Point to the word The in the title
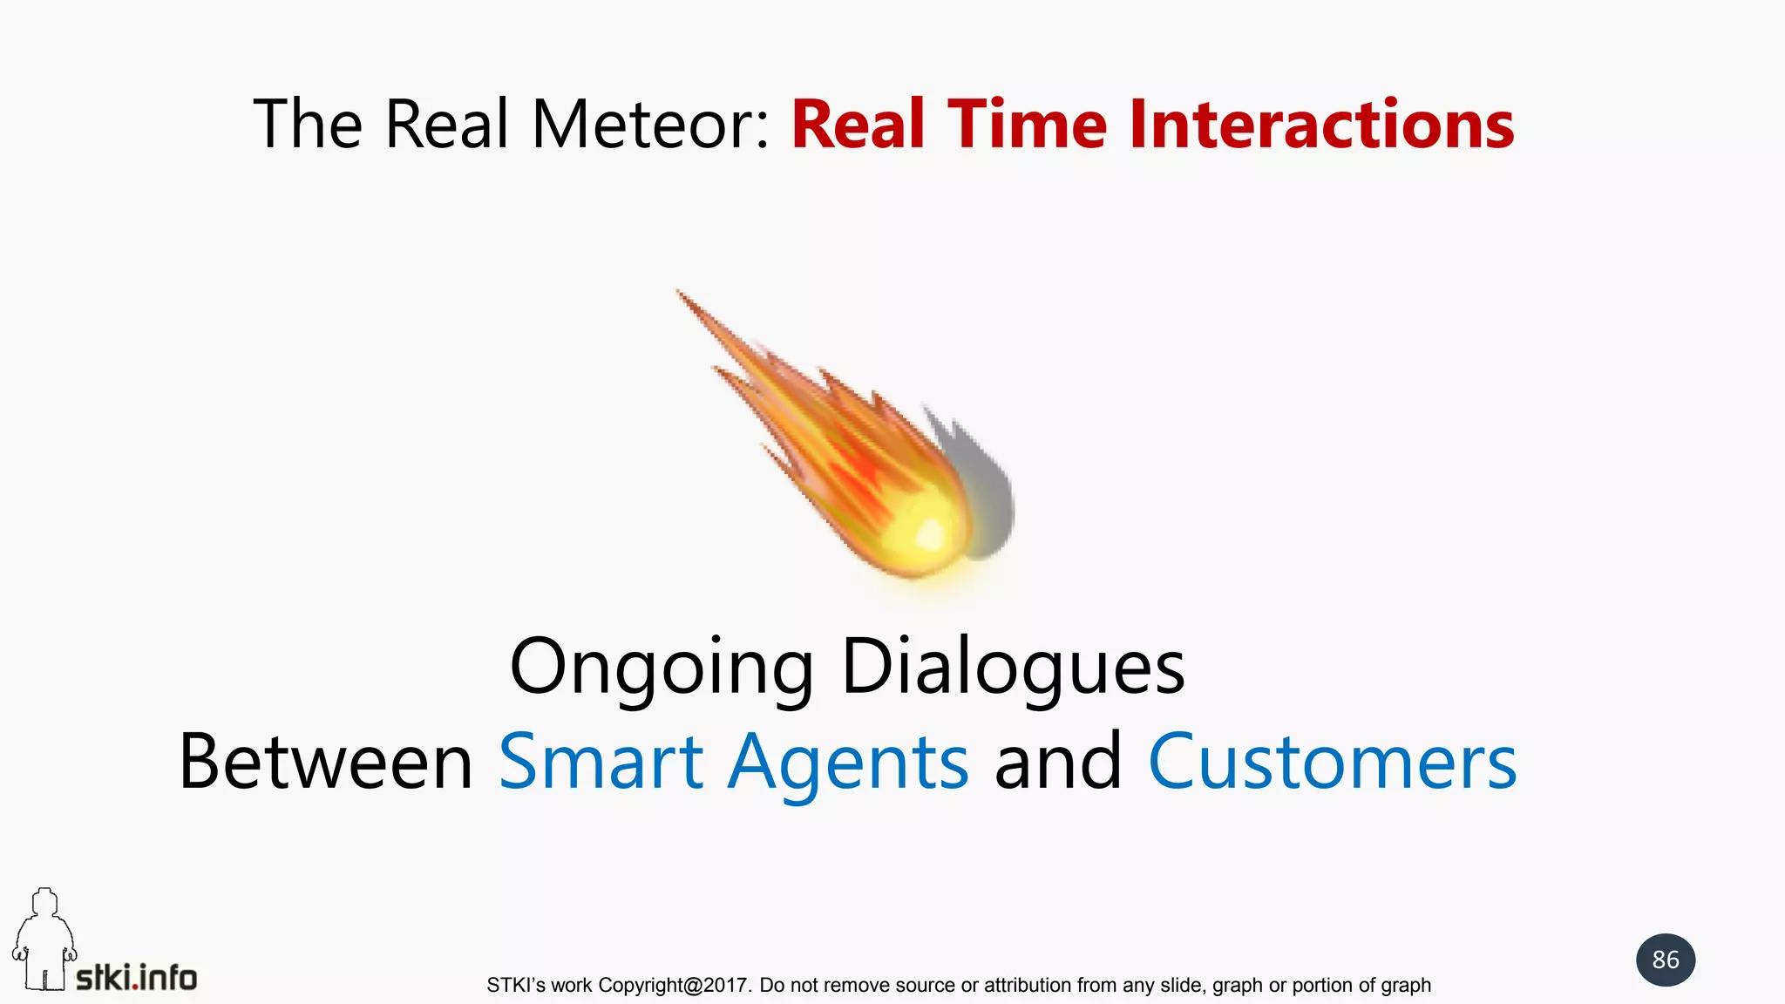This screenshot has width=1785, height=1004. coord(307,125)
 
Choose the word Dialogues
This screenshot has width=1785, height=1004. coord(1013,666)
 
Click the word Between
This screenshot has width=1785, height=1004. coord(325,762)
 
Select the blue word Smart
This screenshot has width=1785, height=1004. coord(601,762)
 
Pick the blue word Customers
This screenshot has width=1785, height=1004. coord(1333,762)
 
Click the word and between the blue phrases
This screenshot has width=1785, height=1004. coord(1058,762)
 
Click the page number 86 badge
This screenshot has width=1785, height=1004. coord(1666,960)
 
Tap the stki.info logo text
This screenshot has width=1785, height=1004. coord(137,978)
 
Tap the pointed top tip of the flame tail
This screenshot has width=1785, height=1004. coord(681,293)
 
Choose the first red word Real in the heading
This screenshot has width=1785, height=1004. coord(858,125)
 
